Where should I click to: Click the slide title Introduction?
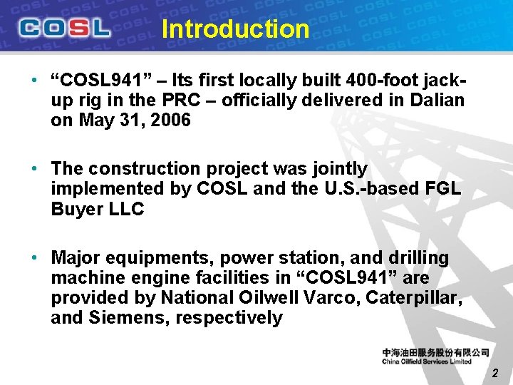(235, 29)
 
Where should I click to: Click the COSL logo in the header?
(65, 28)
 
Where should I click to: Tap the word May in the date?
(95, 120)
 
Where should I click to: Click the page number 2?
(495, 373)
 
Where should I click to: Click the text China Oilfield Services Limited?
(427, 361)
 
